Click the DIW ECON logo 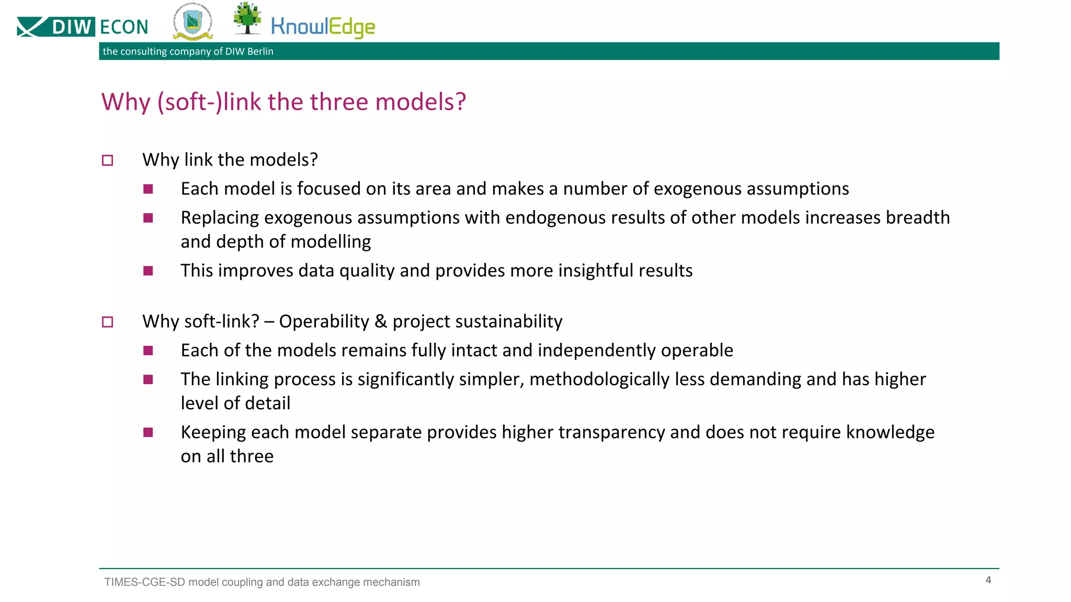(83, 27)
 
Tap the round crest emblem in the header (192, 24)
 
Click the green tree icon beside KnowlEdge (247, 18)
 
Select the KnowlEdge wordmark (323, 27)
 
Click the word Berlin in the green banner (260, 51)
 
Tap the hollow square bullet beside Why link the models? (107, 160)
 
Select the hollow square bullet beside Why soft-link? (107, 322)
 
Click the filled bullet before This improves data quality (148, 271)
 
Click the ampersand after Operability (381, 321)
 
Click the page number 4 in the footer (988, 580)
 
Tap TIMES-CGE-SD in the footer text (144, 582)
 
